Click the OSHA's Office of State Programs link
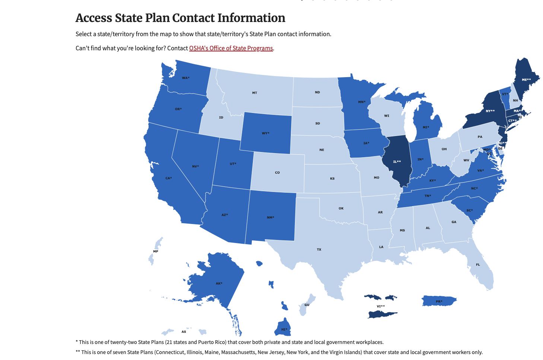click(231, 48)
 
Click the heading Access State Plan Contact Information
click(180, 18)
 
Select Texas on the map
click(319, 249)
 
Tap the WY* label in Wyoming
click(266, 133)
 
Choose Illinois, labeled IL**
click(397, 162)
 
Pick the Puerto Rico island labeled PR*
click(439, 301)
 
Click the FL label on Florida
click(478, 265)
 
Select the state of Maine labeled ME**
click(526, 80)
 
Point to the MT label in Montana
click(255, 93)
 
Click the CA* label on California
click(169, 178)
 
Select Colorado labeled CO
click(277, 173)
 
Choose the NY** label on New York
click(490, 111)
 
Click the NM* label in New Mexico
click(270, 217)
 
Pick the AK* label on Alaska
click(219, 284)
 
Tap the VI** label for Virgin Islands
click(381, 306)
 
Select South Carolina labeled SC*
click(470, 211)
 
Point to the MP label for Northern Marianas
click(156, 252)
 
